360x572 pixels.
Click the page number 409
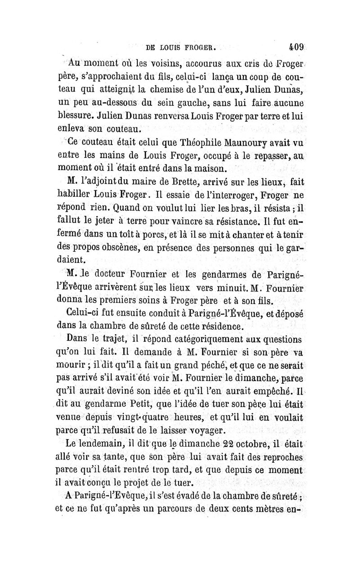coord(297,46)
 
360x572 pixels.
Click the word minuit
coord(255,287)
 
